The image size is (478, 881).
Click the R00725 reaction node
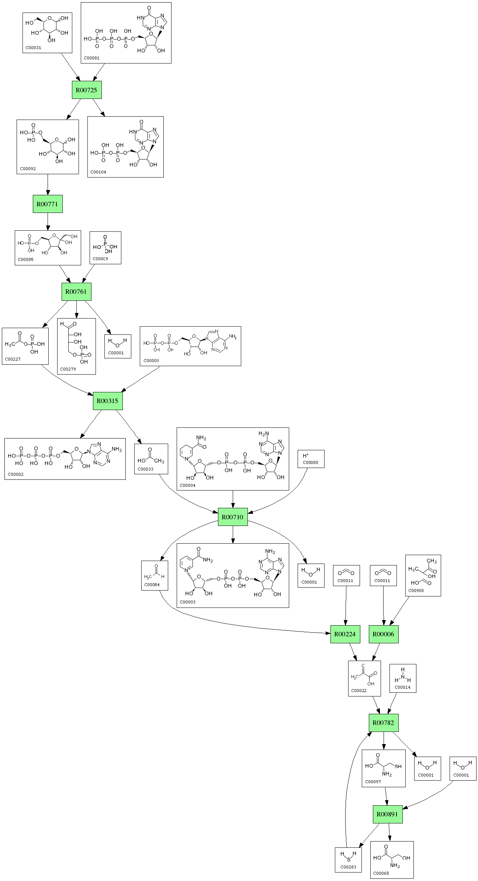click(x=87, y=90)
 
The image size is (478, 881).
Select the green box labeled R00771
click(x=48, y=204)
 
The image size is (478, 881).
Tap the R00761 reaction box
click(x=76, y=292)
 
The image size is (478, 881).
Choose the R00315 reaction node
click(x=107, y=400)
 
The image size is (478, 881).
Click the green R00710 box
click(x=232, y=517)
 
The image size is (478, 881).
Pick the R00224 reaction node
click(x=345, y=634)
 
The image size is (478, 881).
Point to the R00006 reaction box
click(x=384, y=634)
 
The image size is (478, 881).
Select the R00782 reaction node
click(x=384, y=723)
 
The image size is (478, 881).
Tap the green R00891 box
click(x=387, y=814)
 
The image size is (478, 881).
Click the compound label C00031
click(x=33, y=48)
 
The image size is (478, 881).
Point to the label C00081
click(x=91, y=58)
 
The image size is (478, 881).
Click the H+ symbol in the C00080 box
click(x=306, y=456)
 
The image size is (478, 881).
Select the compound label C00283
click(x=348, y=867)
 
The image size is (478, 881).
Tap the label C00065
click(x=381, y=873)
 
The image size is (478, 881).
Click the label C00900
click(x=416, y=590)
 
